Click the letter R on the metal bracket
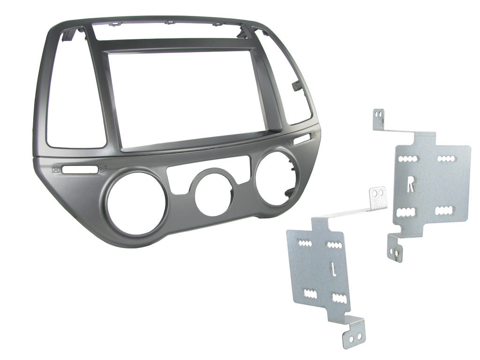(x=411, y=186)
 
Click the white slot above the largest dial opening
(x=80, y=170)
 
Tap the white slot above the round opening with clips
(x=302, y=138)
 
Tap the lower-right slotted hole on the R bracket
(x=443, y=210)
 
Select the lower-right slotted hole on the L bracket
(x=338, y=297)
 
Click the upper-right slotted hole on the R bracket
(x=445, y=158)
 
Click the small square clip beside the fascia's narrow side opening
(x=297, y=86)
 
